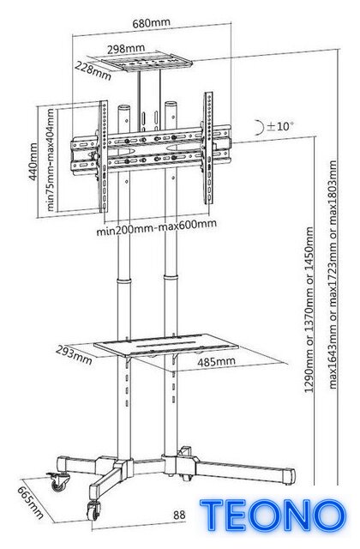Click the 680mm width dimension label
(x=151, y=23)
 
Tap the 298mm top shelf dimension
(x=126, y=49)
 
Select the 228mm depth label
(x=93, y=69)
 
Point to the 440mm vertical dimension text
(x=33, y=161)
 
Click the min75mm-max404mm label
(x=51, y=160)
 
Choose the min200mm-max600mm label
(x=156, y=227)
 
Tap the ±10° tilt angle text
(x=280, y=126)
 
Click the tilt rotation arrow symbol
(x=260, y=128)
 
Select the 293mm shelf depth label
(x=75, y=355)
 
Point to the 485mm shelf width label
(x=216, y=362)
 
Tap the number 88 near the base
(x=179, y=515)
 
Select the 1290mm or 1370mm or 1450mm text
(x=309, y=310)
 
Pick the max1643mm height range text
(x=333, y=274)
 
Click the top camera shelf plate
(x=147, y=63)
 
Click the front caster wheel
(x=93, y=510)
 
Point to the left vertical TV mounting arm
(x=103, y=156)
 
